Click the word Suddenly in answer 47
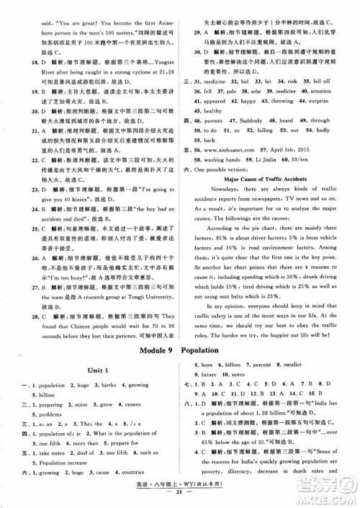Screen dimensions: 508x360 tap(251, 120)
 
